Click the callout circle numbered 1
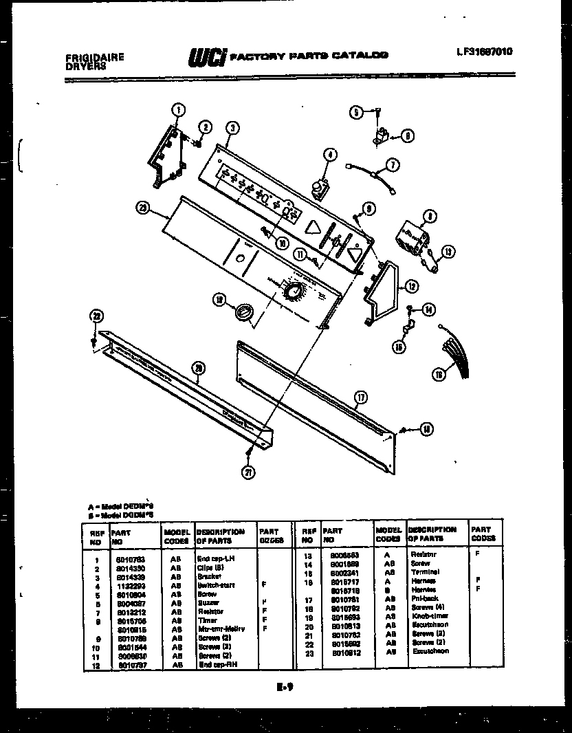tap(177, 109)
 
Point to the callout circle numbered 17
tap(360, 397)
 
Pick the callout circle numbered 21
tap(247, 472)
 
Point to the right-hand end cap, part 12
tap(382, 289)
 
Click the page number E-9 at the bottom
tap(287, 686)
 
